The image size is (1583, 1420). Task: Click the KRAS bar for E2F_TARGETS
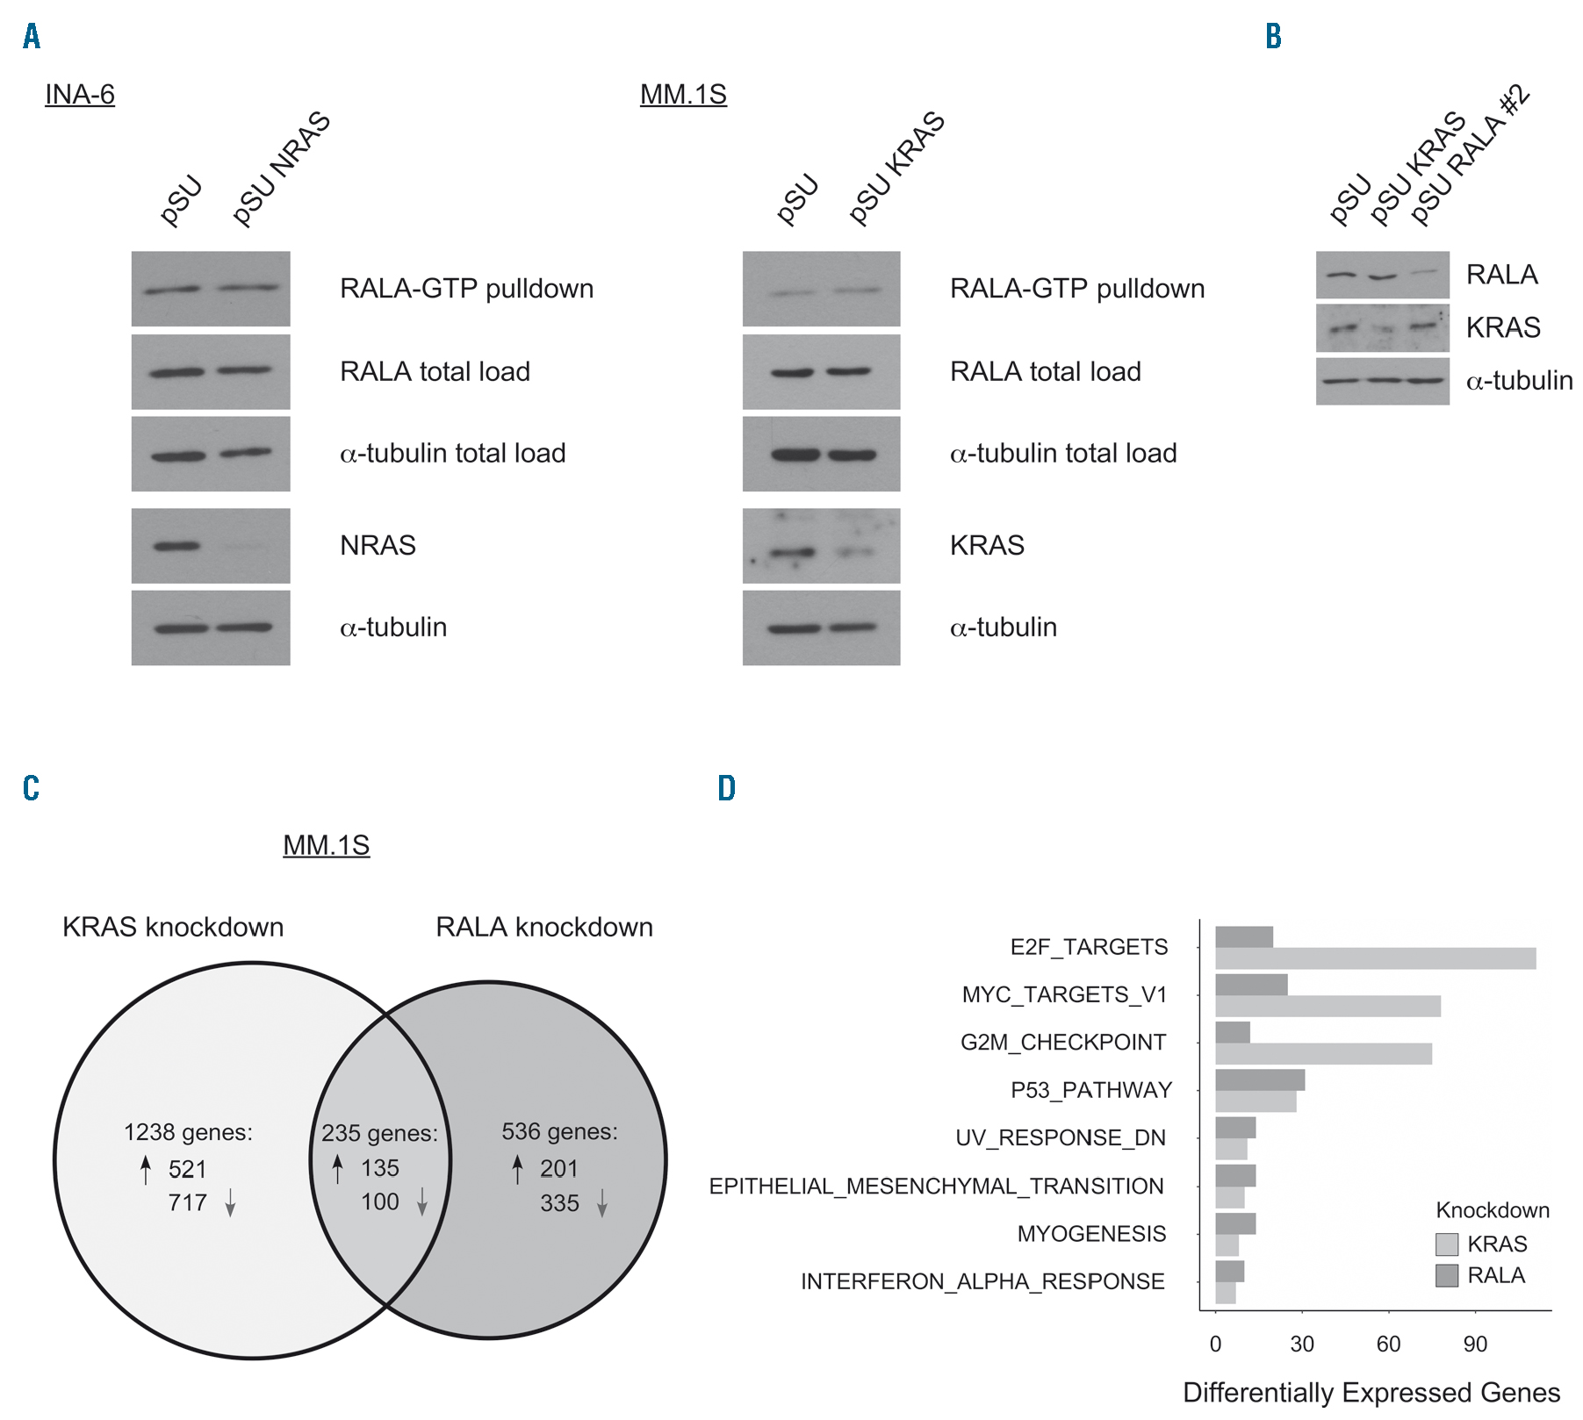(1375, 958)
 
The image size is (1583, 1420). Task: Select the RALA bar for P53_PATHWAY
(1259, 1079)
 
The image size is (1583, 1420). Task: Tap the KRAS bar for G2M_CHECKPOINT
(1323, 1054)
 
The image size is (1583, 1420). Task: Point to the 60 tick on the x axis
(1388, 1344)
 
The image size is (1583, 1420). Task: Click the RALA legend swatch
(1446, 1275)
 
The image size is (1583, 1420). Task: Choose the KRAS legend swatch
(1446, 1244)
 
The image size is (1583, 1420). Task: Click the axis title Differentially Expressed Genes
(1371, 1393)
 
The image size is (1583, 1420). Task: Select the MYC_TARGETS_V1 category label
(1064, 994)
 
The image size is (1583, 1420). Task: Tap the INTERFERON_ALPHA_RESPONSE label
(982, 1281)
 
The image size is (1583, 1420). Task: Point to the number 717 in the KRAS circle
(187, 1202)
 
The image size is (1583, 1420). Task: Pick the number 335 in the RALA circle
(559, 1202)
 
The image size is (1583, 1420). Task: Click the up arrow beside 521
(146, 1169)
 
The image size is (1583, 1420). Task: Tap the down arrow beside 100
(422, 1201)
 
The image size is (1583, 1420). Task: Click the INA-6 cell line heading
(80, 94)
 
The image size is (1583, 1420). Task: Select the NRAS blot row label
(378, 545)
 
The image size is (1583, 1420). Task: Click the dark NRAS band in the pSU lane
(176, 546)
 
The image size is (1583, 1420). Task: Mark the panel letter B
(1273, 36)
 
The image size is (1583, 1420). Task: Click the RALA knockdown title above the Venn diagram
(544, 927)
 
